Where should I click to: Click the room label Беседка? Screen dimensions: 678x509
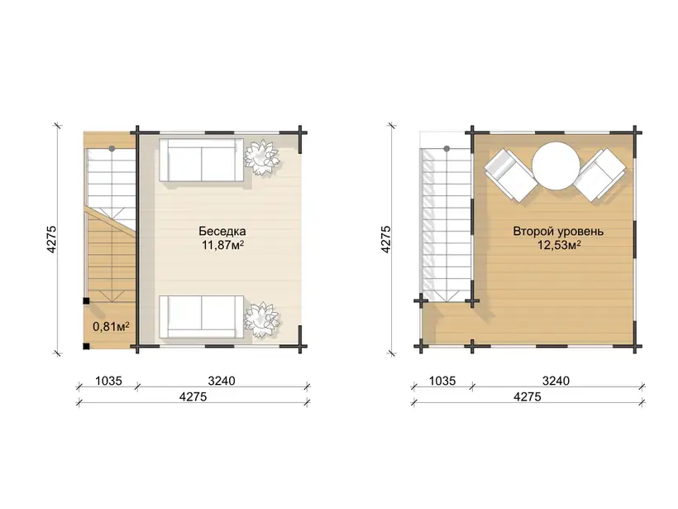(222, 231)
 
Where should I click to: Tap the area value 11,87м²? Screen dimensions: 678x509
(222, 246)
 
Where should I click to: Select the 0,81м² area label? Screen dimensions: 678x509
(111, 326)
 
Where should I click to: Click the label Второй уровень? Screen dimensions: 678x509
(558, 231)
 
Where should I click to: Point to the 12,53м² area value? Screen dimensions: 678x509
(559, 246)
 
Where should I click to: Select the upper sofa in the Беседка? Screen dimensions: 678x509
(202, 160)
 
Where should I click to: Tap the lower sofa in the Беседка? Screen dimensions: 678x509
(202, 317)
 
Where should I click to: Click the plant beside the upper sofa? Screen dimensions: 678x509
(261, 157)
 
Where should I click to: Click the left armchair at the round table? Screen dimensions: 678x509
(510, 175)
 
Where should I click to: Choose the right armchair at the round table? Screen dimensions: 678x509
(601, 175)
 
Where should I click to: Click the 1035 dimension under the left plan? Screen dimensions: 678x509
(108, 381)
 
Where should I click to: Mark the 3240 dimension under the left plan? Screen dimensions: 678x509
(222, 381)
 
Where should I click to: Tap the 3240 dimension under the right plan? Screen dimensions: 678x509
(556, 381)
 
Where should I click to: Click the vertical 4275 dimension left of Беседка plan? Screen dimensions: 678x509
(51, 239)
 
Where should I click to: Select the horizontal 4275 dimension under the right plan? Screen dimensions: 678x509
(528, 396)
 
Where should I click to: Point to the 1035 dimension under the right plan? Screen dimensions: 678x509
(443, 381)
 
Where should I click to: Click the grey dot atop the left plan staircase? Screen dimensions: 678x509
(112, 148)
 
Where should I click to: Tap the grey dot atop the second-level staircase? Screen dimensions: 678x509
(446, 148)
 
